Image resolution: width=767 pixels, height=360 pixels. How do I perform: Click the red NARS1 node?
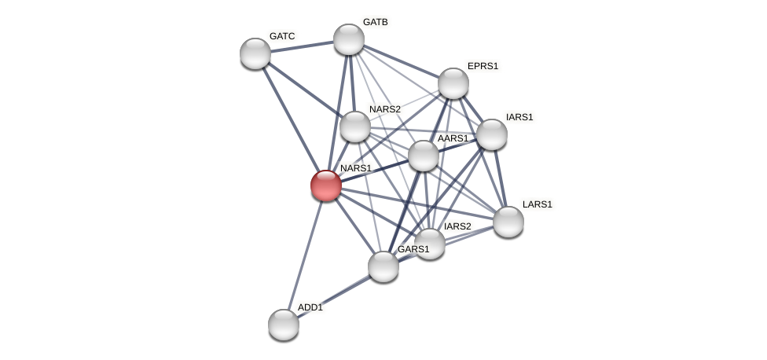(326, 186)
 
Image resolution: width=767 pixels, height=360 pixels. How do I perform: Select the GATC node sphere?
(255, 53)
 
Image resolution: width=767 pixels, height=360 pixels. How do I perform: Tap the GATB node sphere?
(349, 39)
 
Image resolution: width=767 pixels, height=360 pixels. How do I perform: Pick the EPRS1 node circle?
(453, 83)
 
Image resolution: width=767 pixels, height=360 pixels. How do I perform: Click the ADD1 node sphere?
(284, 324)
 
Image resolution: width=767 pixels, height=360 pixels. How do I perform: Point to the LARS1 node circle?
(508, 221)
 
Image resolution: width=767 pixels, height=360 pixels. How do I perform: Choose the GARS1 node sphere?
(383, 266)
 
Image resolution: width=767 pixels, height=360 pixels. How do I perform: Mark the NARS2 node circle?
(355, 127)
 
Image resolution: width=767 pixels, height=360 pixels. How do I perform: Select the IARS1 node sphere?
(492, 134)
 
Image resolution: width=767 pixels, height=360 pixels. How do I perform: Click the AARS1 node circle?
(424, 156)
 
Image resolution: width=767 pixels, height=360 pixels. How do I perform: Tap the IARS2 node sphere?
(430, 243)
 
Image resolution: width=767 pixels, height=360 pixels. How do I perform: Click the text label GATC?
(282, 36)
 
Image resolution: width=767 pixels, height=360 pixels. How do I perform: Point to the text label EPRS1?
(483, 66)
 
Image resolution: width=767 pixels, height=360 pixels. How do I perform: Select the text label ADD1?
(310, 307)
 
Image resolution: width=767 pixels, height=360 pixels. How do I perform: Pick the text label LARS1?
(538, 204)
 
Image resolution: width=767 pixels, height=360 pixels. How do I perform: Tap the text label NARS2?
(385, 109)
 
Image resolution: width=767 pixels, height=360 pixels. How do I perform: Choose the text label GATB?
(375, 22)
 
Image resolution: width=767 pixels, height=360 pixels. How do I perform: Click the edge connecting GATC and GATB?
(303, 46)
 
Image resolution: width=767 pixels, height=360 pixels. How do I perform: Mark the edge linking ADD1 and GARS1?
(334, 295)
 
